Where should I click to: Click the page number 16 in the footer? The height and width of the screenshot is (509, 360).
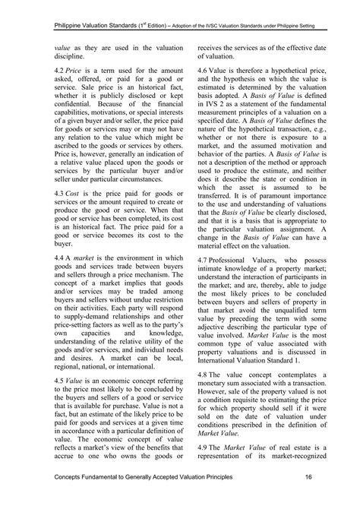[310, 498]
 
